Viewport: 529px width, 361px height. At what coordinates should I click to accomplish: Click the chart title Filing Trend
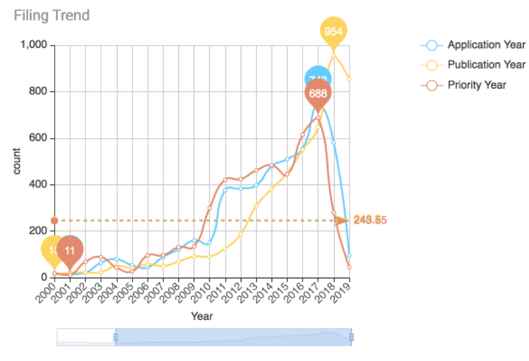pyautogui.click(x=52, y=15)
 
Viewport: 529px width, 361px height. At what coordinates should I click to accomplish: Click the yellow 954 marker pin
pyautogui.click(x=333, y=32)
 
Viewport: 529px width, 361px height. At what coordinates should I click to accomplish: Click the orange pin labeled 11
pyautogui.click(x=70, y=251)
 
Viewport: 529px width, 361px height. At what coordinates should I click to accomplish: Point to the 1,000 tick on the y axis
pyautogui.click(x=35, y=45)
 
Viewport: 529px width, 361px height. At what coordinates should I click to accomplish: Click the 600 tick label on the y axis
pyautogui.click(x=40, y=138)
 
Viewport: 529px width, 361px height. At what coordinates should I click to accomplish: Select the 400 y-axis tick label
pyautogui.click(x=40, y=185)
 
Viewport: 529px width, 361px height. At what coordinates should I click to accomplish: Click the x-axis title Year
pyautogui.click(x=202, y=315)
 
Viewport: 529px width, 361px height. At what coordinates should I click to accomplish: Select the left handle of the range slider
pyautogui.click(x=116, y=337)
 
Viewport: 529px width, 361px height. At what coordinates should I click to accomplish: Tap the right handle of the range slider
pyautogui.click(x=351, y=337)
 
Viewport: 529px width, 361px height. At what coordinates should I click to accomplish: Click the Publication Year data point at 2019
pyautogui.click(x=349, y=79)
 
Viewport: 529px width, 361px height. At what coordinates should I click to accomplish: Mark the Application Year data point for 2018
pyautogui.click(x=334, y=142)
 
